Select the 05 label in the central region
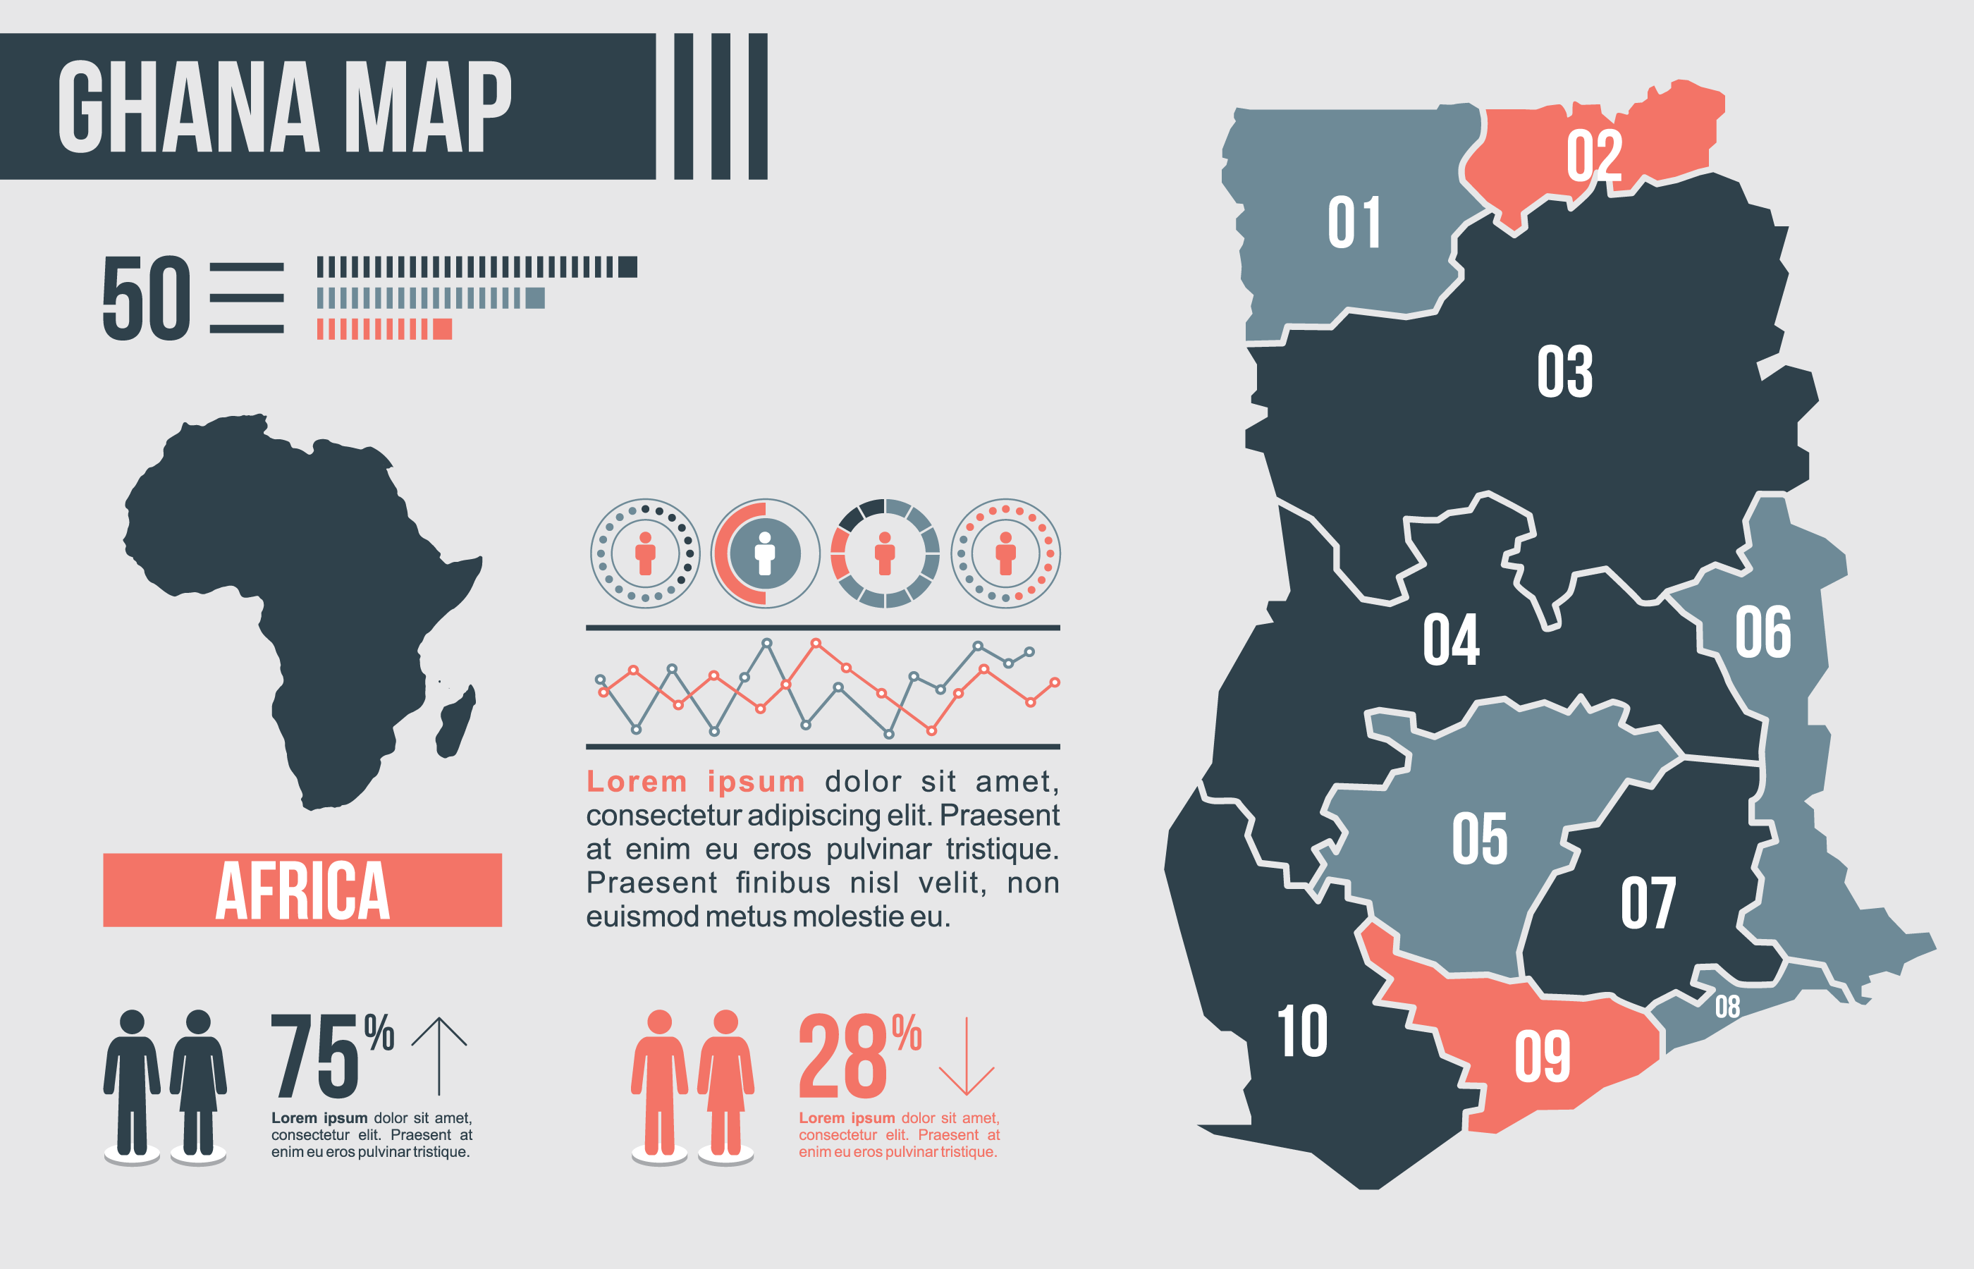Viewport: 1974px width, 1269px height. click(x=1480, y=839)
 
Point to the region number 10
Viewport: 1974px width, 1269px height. click(x=1301, y=1031)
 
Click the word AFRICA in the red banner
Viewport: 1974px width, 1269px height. click(x=302, y=891)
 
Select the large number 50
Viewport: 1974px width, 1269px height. click(x=147, y=298)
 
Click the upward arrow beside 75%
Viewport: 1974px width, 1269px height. click(x=439, y=1055)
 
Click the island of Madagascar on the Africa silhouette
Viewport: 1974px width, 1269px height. click(x=455, y=721)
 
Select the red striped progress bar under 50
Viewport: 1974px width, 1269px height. click(x=384, y=330)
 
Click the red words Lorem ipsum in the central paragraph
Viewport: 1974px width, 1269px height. click(x=695, y=781)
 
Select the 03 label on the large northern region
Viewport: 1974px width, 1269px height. click(x=1564, y=372)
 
